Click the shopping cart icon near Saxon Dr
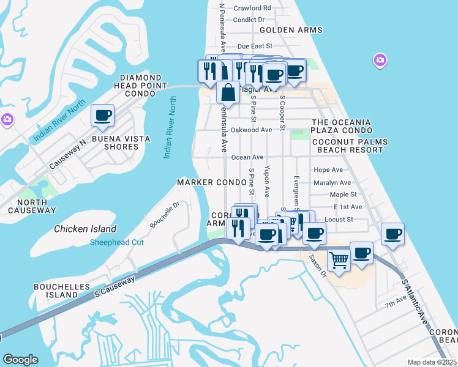pyautogui.click(x=339, y=260)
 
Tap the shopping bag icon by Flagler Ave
pyautogui.click(x=228, y=93)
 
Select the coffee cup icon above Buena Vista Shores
pyautogui.click(x=102, y=115)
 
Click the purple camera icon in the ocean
pyautogui.click(x=380, y=60)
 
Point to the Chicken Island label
pyautogui.click(x=85, y=229)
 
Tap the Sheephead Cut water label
pyautogui.click(x=117, y=242)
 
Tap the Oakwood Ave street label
pyautogui.click(x=251, y=130)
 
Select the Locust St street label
pyautogui.click(x=339, y=219)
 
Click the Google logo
pyautogui.click(x=20, y=360)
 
